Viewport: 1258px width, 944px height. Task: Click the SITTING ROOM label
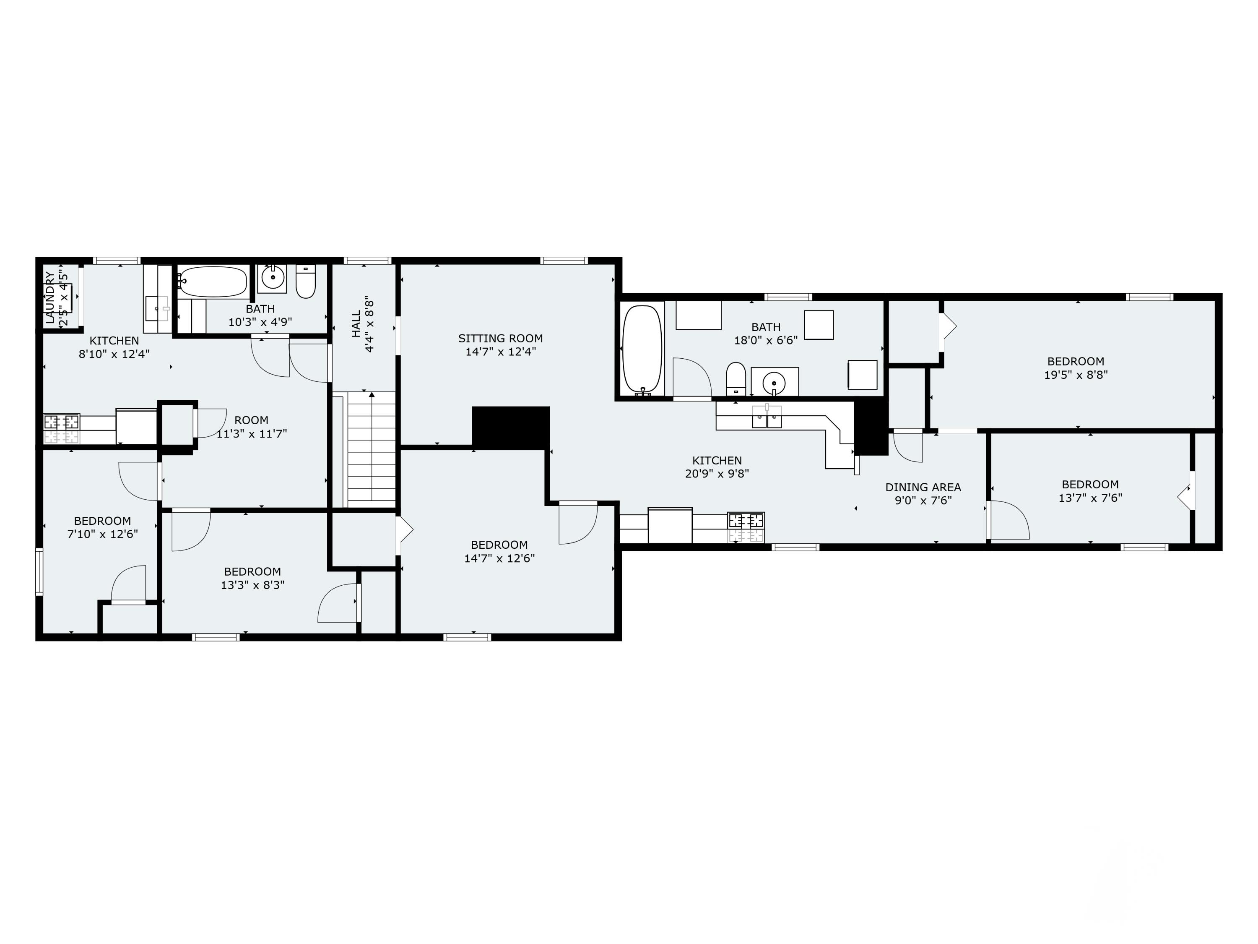pyautogui.click(x=500, y=339)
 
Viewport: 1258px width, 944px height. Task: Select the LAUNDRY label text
pyautogui.click(x=50, y=297)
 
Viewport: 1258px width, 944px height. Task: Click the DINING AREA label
pyautogui.click(x=923, y=487)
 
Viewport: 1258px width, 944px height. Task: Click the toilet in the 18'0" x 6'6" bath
pyautogui.click(x=736, y=378)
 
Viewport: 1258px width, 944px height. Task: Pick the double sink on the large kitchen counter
pyautogui.click(x=767, y=417)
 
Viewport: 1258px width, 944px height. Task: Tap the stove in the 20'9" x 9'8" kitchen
pyautogui.click(x=746, y=527)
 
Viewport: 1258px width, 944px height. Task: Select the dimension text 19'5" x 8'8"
pyautogui.click(x=1076, y=375)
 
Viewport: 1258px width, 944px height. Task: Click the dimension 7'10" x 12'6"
pyautogui.click(x=102, y=534)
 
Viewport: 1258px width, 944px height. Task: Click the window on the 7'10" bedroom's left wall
pyautogui.click(x=39, y=571)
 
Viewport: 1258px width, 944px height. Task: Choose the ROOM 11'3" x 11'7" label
pyautogui.click(x=251, y=427)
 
